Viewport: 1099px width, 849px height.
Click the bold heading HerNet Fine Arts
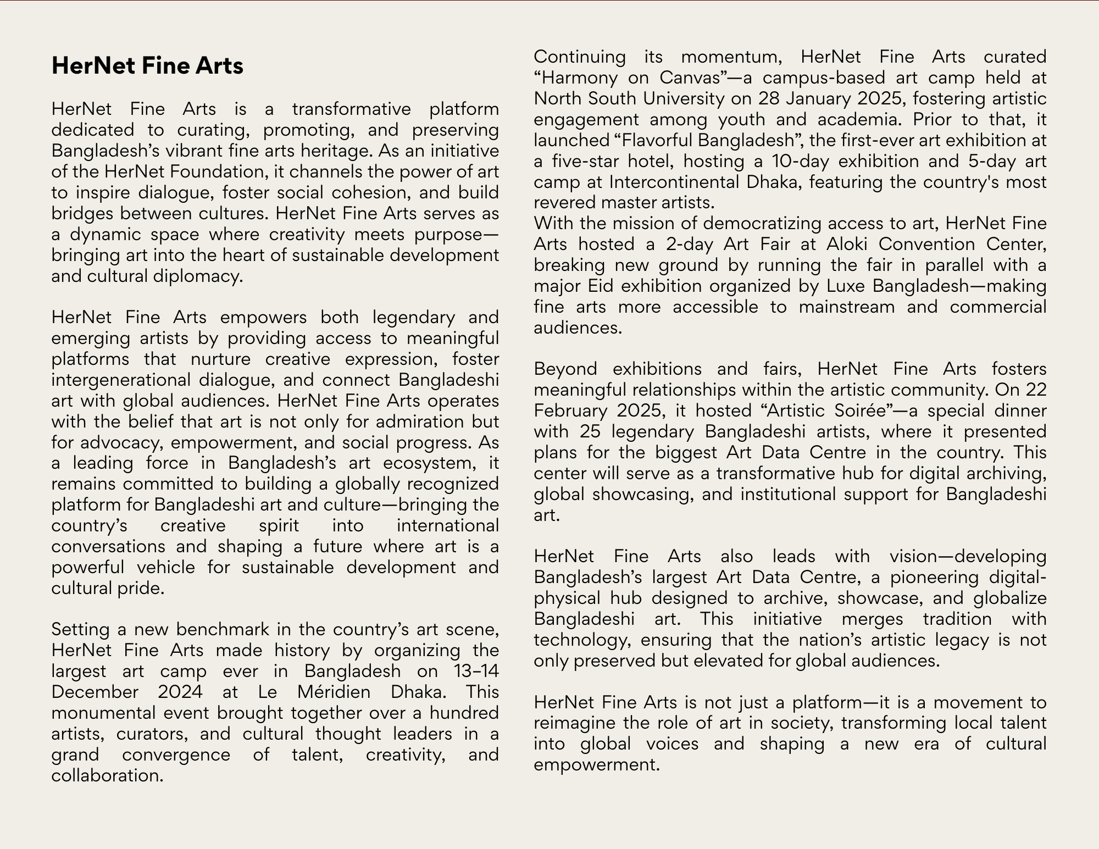[147, 66]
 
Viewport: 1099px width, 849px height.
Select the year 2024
[181, 692]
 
